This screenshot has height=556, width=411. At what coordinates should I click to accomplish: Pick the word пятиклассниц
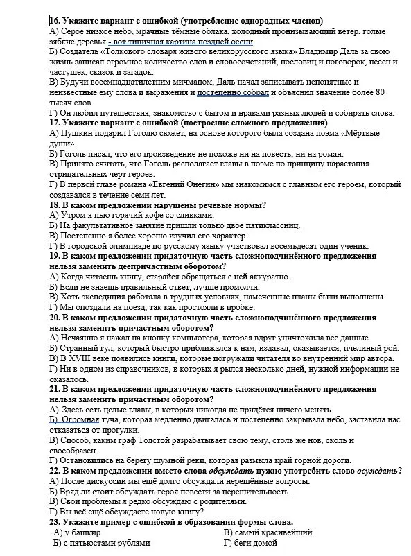(264, 225)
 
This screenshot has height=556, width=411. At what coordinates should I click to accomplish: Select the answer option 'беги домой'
(250, 543)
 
